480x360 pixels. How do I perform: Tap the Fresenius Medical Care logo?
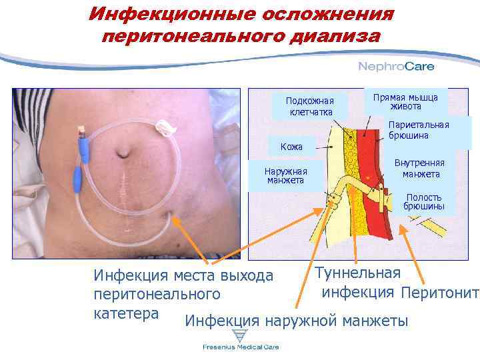pyautogui.click(x=241, y=347)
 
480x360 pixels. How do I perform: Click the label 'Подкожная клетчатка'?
pyautogui.click(x=310, y=106)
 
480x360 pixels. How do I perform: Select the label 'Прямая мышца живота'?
pyautogui.click(x=406, y=102)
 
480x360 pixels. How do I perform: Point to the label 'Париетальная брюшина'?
pyautogui.click(x=419, y=130)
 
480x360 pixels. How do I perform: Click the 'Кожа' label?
pyautogui.click(x=291, y=147)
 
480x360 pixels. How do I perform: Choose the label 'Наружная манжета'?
pyautogui.click(x=285, y=176)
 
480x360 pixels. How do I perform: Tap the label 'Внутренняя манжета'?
pyautogui.click(x=421, y=169)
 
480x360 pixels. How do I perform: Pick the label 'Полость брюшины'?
pyautogui.click(x=424, y=203)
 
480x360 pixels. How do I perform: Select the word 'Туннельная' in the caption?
pyautogui.click(x=357, y=273)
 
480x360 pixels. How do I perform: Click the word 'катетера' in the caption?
pyautogui.click(x=126, y=313)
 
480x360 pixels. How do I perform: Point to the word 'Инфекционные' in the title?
pyautogui.click(x=167, y=14)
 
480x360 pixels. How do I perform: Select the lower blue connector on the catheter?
pyautogui.click(x=75, y=178)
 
